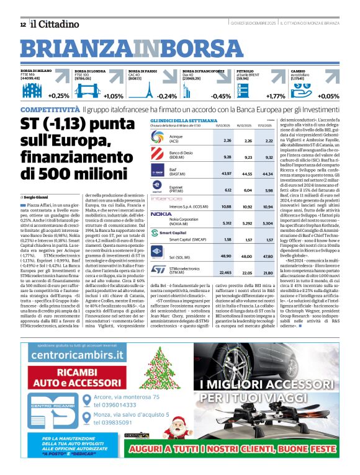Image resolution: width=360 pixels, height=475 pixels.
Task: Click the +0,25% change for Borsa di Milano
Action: (x=57, y=96)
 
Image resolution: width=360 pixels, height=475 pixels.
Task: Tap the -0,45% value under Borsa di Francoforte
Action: (x=221, y=96)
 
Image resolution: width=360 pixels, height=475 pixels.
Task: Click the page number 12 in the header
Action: (x=22, y=24)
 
